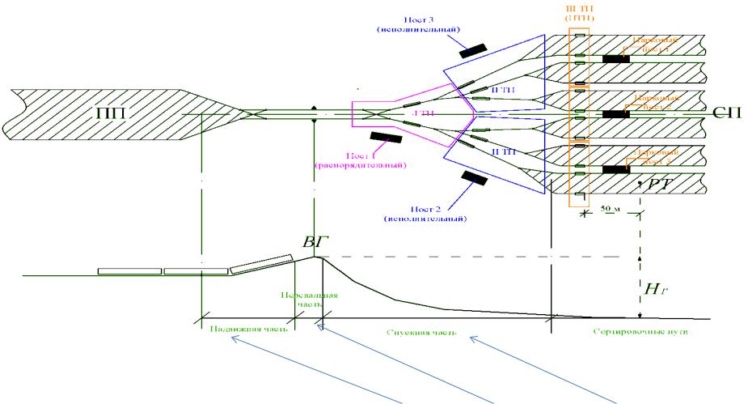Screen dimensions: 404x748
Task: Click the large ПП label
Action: [119, 113]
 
